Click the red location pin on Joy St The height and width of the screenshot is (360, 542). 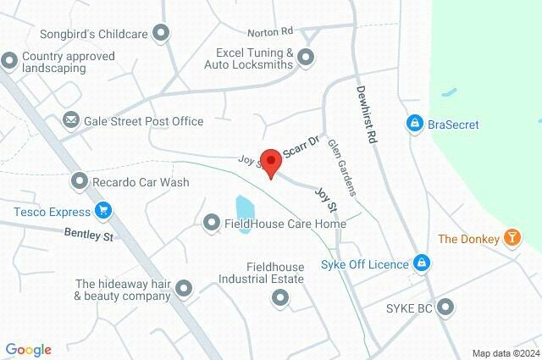pyautogui.click(x=270, y=162)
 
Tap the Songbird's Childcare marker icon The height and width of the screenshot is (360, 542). pyautogui.click(x=162, y=34)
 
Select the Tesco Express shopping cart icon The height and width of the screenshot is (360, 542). pyautogui.click(x=103, y=210)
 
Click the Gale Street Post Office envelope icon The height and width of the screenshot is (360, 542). pyautogui.click(x=70, y=121)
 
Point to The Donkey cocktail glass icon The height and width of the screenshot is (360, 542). pyautogui.click(x=512, y=239)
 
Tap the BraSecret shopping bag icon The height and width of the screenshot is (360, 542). pyautogui.click(x=414, y=125)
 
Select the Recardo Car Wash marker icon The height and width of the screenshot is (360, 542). pyautogui.click(x=79, y=181)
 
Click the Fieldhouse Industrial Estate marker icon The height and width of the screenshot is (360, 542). pyautogui.click(x=279, y=297)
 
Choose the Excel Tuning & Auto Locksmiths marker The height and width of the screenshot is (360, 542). pyautogui.click(x=307, y=58)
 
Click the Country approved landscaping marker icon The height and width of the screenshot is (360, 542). pyautogui.click(x=9, y=61)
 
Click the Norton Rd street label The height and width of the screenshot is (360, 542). pyautogui.click(x=270, y=33)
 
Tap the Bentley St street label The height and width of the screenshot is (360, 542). pyautogui.click(x=88, y=235)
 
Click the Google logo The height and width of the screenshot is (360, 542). pyautogui.click(x=28, y=350)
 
